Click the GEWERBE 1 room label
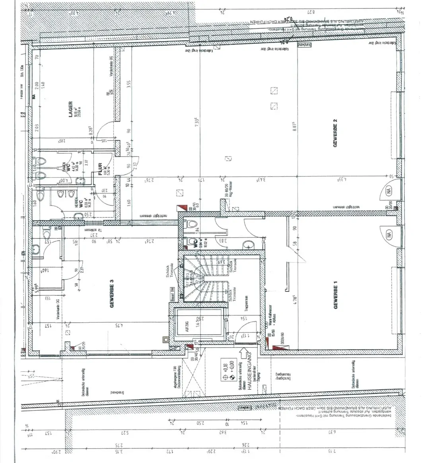pos(336,295)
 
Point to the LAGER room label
pos(70,109)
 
